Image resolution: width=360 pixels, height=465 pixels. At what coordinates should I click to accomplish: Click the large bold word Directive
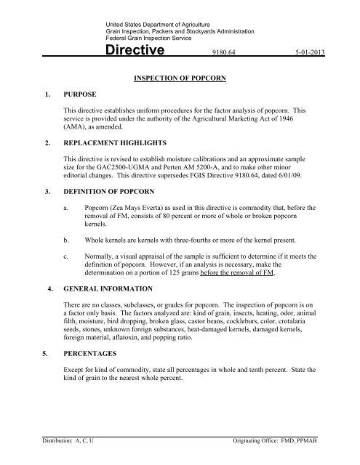point(144,51)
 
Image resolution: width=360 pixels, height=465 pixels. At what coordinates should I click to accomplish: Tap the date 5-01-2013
point(321,52)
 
